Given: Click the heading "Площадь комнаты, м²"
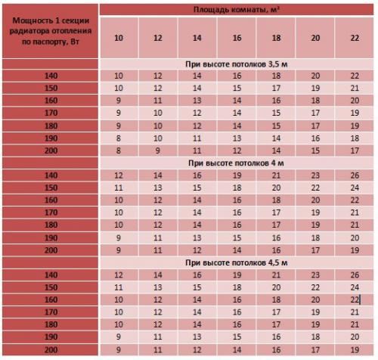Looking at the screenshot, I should coord(237,9).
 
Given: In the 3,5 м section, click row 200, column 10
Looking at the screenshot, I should coord(119,151).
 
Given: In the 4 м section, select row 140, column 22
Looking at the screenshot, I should coord(355,175).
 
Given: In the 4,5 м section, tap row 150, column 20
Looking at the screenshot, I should coord(315,287).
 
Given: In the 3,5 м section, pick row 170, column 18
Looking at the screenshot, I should coord(276,113).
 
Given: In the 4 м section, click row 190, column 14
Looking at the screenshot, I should coord(197,237).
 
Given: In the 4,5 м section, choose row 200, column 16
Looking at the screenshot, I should coord(237,349).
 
